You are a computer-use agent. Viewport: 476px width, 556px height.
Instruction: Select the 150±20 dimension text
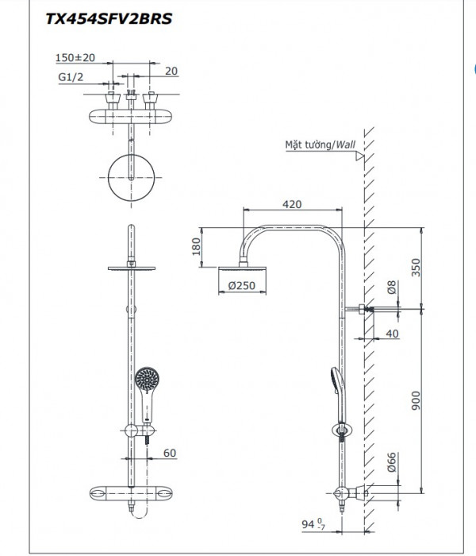(75, 57)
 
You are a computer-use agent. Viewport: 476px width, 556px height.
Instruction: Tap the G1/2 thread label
(71, 77)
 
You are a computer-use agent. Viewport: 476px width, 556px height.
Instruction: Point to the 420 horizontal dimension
(292, 205)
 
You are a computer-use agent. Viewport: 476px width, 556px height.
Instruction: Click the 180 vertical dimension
(194, 249)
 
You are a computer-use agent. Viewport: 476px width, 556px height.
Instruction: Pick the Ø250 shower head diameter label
(241, 286)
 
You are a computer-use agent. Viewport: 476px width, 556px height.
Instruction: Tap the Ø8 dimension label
(390, 286)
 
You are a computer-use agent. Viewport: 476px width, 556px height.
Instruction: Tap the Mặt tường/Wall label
(320, 145)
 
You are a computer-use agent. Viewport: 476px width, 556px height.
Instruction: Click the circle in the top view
(129, 180)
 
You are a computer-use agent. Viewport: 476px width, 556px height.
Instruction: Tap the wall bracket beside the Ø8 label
(363, 310)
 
